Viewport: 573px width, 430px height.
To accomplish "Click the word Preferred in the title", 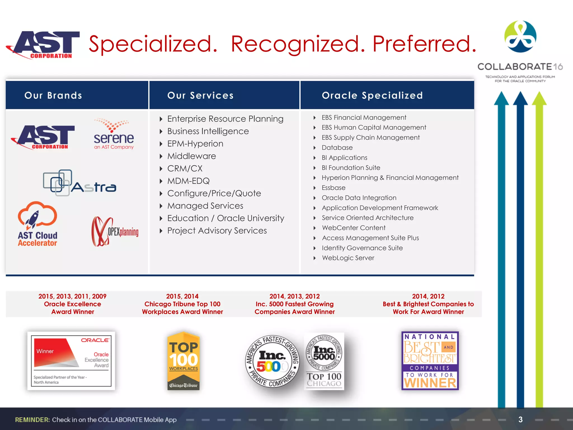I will click(x=424, y=44).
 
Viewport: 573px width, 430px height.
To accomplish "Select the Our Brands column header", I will click(x=53, y=95).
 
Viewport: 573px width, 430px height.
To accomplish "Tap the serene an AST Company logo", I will click(x=114, y=135).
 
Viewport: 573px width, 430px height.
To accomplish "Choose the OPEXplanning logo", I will click(x=115, y=232).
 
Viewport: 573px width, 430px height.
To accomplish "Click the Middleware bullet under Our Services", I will click(x=191, y=156).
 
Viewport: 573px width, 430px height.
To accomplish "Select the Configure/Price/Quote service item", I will click(x=214, y=193).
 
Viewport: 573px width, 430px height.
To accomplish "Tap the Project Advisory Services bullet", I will click(x=217, y=231).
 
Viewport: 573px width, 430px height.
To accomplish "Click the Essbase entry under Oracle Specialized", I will click(x=333, y=188).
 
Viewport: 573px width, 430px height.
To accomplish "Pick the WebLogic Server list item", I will click(x=348, y=258).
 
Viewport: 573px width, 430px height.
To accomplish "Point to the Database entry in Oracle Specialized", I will click(x=337, y=148).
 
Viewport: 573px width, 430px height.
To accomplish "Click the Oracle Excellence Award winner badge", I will click(x=71, y=361).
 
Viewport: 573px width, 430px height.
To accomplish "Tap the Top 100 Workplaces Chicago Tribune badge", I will click(x=183, y=361).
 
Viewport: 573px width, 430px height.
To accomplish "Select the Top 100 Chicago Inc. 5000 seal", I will click(x=324, y=361).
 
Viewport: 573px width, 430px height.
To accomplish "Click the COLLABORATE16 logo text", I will click(x=520, y=67).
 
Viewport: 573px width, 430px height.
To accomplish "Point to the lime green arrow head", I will click(x=539, y=99).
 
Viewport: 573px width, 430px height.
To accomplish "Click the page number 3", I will click(x=520, y=419).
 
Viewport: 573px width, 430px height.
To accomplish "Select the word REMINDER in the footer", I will click(x=32, y=420).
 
